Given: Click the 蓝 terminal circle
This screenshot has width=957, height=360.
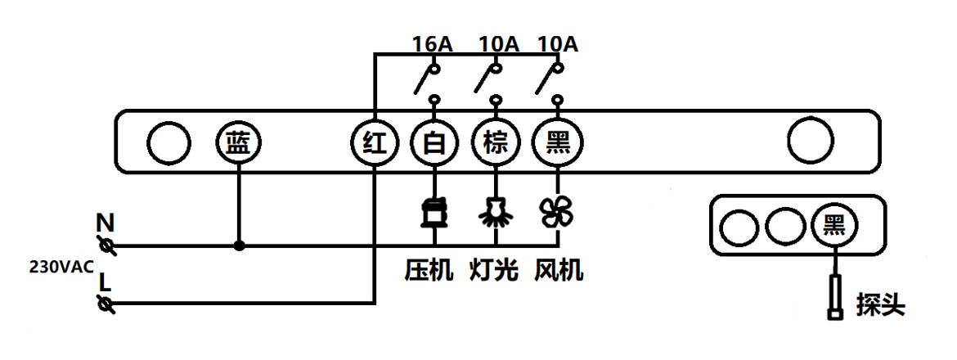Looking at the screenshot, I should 240,144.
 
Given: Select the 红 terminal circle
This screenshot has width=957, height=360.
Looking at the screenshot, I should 374,144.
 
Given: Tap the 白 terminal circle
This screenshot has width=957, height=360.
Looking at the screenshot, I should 434,144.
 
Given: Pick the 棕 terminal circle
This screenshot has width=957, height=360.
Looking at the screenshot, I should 496,144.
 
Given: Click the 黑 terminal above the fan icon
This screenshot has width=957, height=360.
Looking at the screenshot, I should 558,144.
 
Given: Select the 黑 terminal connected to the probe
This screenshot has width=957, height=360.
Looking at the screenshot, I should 835,225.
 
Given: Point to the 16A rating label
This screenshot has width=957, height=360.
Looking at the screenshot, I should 433,44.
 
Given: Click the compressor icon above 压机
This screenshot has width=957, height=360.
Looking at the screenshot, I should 434,213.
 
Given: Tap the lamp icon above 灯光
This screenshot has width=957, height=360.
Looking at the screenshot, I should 496,213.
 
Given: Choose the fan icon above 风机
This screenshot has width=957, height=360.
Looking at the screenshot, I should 558,213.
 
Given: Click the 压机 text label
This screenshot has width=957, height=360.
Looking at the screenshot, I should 429,270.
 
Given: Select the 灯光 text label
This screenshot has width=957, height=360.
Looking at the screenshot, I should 493,270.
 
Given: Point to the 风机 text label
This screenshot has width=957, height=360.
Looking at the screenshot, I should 559,270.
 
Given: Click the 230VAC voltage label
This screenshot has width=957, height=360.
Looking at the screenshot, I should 61,267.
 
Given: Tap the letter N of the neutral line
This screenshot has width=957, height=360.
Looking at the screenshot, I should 105,222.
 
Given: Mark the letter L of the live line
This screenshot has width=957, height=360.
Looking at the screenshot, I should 105,282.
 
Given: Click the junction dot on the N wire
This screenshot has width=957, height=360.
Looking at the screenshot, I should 240,245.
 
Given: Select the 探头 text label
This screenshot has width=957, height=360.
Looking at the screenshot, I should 881,304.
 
